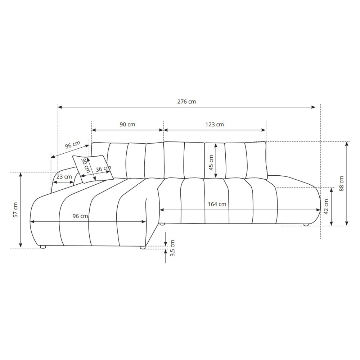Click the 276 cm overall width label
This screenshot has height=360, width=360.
(186, 102)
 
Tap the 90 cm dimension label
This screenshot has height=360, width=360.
(127, 125)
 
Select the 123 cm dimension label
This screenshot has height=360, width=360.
(215, 125)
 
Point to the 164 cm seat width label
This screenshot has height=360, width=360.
(217, 204)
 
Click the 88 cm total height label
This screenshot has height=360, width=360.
(341, 184)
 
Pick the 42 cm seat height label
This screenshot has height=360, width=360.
(326, 207)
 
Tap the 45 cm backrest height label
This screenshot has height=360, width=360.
(211, 163)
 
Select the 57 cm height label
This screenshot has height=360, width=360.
(15, 210)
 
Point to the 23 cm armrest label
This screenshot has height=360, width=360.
(64, 177)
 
